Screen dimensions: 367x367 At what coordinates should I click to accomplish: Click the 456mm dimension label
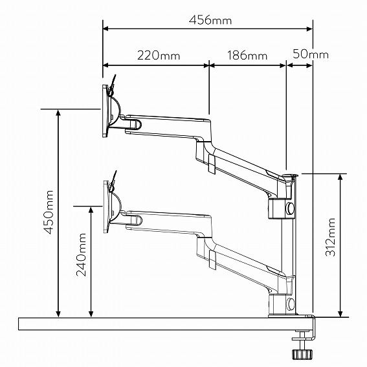click(x=210, y=20)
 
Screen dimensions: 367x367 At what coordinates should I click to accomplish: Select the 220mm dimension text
click(x=159, y=56)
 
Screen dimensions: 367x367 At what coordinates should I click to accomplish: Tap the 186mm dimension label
click(x=247, y=56)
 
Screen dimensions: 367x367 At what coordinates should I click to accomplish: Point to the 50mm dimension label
click(x=311, y=54)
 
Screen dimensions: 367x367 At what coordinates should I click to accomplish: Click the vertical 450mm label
click(x=49, y=212)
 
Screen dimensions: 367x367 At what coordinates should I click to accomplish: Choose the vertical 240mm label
click(x=82, y=254)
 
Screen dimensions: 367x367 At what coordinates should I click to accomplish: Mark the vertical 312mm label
click(x=331, y=237)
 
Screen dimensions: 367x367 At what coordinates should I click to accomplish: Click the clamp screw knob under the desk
click(x=302, y=353)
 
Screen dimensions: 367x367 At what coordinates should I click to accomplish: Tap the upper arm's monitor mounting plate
click(x=106, y=111)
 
